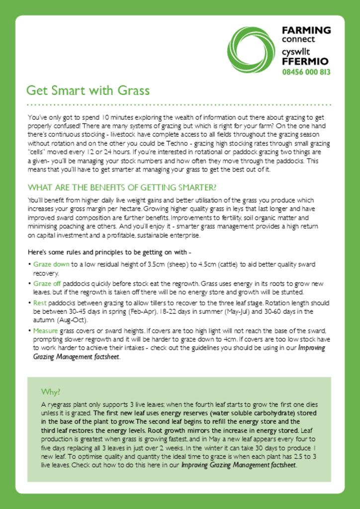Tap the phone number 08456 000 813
tap(306, 72)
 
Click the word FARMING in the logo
tap(306, 30)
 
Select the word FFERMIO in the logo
tap(305, 62)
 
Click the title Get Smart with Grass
tap(88, 90)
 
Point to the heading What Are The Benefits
tap(122, 187)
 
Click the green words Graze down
tap(51, 264)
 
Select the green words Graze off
tap(47, 283)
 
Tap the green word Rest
tap(40, 302)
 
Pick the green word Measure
tap(46, 330)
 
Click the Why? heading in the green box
tap(50, 391)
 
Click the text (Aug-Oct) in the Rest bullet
tap(73, 320)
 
